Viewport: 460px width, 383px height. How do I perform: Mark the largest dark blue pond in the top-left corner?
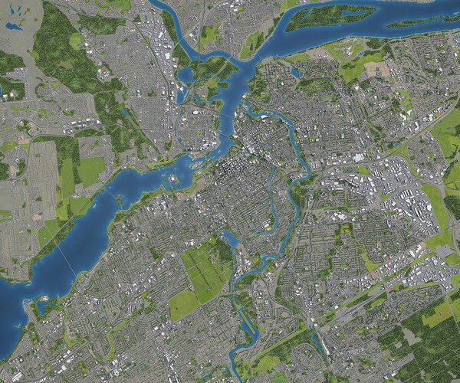(11, 26)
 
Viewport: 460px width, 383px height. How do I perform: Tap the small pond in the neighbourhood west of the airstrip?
(297, 72)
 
